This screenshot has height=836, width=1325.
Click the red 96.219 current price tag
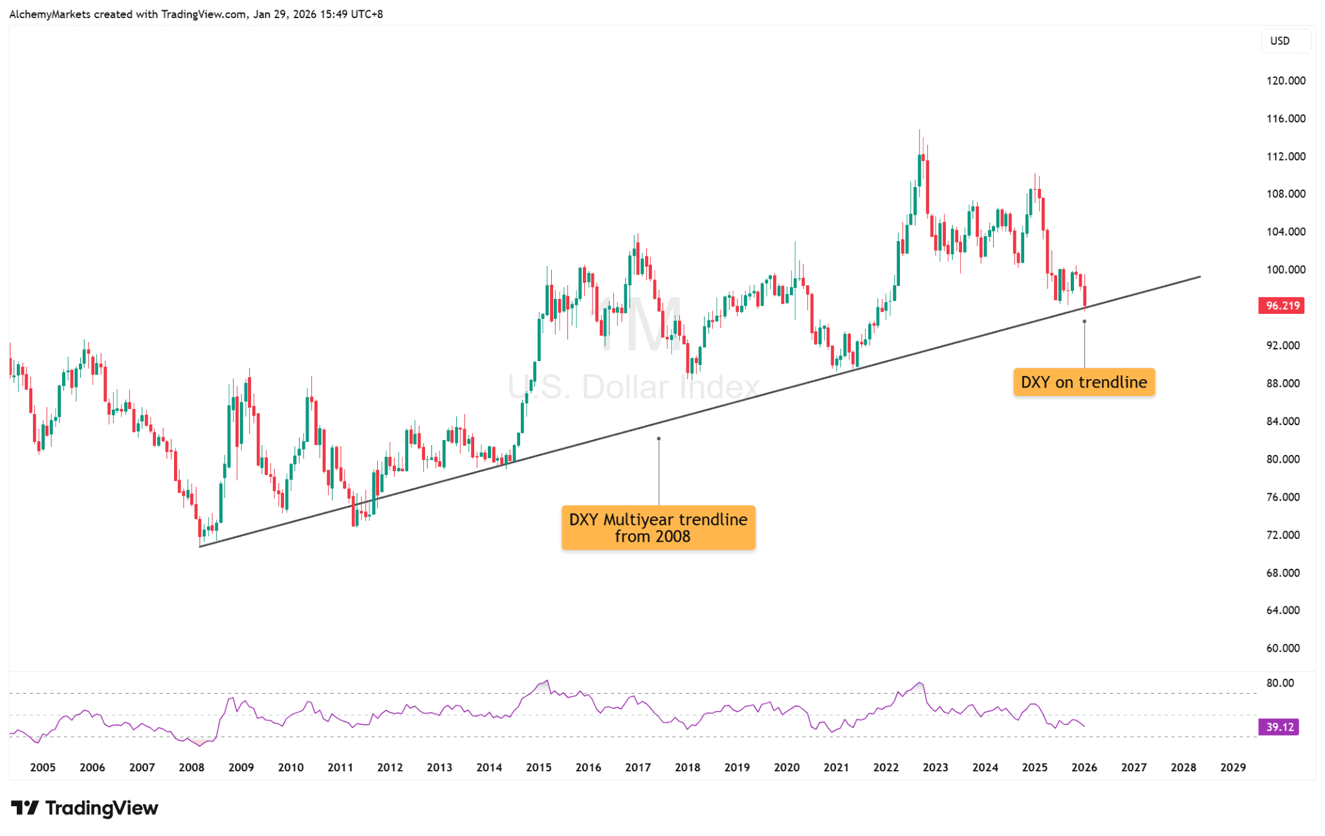pos(1280,306)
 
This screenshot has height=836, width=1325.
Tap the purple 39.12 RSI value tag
pos(1278,727)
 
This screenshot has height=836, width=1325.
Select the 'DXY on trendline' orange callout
pos(1084,382)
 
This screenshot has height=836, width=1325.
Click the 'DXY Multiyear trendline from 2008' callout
pos(658,528)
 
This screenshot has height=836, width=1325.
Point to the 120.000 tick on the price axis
pos(1286,81)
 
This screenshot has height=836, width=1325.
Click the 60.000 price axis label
pos(1282,648)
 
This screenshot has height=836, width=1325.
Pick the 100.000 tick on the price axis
pos(1286,270)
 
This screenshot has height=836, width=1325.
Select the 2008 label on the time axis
pos(192,767)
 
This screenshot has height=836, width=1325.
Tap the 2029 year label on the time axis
pos(1232,767)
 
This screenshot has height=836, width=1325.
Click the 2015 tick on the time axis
pos(538,767)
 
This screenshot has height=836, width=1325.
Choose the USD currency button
pos(1280,41)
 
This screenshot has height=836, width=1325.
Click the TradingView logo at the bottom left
pos(85,808)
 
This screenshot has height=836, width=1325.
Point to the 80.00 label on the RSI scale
pos(1280,683)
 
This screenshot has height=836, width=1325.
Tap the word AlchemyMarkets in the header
pos(50,14)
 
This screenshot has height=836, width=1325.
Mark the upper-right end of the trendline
pos(1199,277)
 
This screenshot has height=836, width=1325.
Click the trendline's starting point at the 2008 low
pos(200,547)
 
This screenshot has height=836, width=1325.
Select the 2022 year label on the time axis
pos(885,767)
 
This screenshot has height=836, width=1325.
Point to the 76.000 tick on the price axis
pos(1282,497)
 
